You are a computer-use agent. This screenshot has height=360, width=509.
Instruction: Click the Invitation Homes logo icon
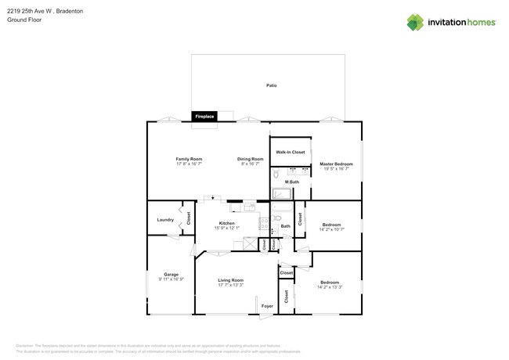[x=414, y=22]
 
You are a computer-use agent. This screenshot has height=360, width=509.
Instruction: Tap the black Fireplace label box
[x=204, y=117]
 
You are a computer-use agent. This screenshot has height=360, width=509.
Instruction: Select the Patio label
[x=271, y=85]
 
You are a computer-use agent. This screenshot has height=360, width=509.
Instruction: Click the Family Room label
[x=189, y=159]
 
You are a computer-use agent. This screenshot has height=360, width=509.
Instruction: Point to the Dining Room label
[x=251, y=159]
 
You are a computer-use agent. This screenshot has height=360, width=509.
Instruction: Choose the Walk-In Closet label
[x=290, y=152]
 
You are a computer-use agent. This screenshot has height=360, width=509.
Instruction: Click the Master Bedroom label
[x=333, y=164]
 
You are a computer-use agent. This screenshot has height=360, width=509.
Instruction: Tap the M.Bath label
[x=291, y=182]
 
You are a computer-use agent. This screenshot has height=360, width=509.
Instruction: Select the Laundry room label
[x=165, y=220]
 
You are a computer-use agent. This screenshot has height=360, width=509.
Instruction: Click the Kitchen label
[x=228, y=223]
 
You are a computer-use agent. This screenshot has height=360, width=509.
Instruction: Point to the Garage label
[x=171, y=274]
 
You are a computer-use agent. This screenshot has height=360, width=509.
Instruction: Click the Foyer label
[x=266, y=306]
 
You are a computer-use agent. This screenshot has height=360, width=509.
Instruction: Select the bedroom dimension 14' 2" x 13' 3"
[x=329, y=287]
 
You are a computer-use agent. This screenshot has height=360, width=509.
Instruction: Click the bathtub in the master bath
[x=281, y=193]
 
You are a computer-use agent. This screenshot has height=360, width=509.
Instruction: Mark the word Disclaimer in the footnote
[x=25, y=345]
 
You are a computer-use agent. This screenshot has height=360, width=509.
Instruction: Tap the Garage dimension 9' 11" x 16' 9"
[x=171, y=279]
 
